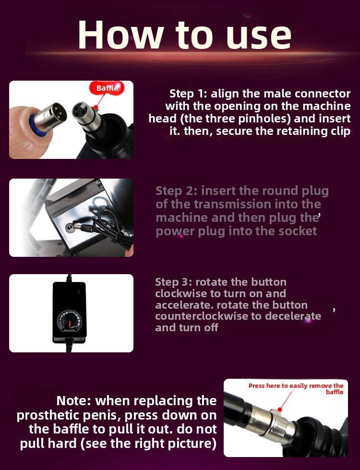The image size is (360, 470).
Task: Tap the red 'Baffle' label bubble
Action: point(107,88)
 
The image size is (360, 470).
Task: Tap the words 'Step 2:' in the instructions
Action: point(176,191)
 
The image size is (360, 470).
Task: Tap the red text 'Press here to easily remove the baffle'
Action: point(296,389)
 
